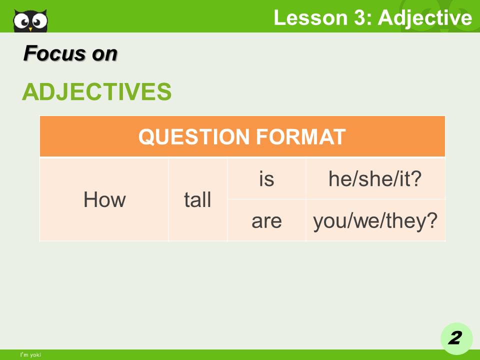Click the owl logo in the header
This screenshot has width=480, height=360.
(30, 20)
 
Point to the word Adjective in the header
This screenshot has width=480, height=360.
(424, 18)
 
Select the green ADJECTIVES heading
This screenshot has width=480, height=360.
(96, 91)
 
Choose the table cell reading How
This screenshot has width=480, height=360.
(104, 200)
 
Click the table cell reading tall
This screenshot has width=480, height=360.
(197, 200)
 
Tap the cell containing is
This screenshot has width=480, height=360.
(266, 178)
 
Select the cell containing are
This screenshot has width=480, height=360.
(266, 220)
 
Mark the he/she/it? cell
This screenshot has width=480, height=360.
(375, 178)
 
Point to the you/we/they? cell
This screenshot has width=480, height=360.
(375, 220)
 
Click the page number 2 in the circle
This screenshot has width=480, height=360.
(455, 338)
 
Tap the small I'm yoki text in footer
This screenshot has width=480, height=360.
(30, 355)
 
